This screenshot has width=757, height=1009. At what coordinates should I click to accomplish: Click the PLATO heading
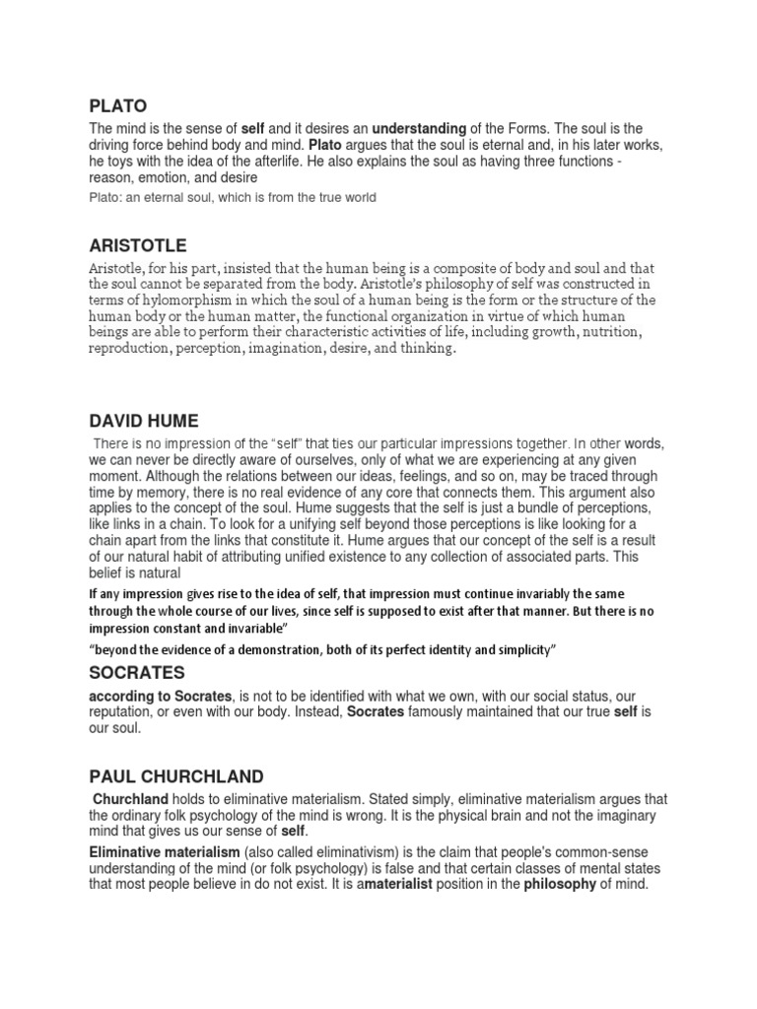click(x=117, y=105)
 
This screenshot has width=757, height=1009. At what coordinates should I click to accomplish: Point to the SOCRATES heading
click(x=136, y=673)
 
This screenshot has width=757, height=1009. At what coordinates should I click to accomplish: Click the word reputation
click(x=125, y=712)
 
